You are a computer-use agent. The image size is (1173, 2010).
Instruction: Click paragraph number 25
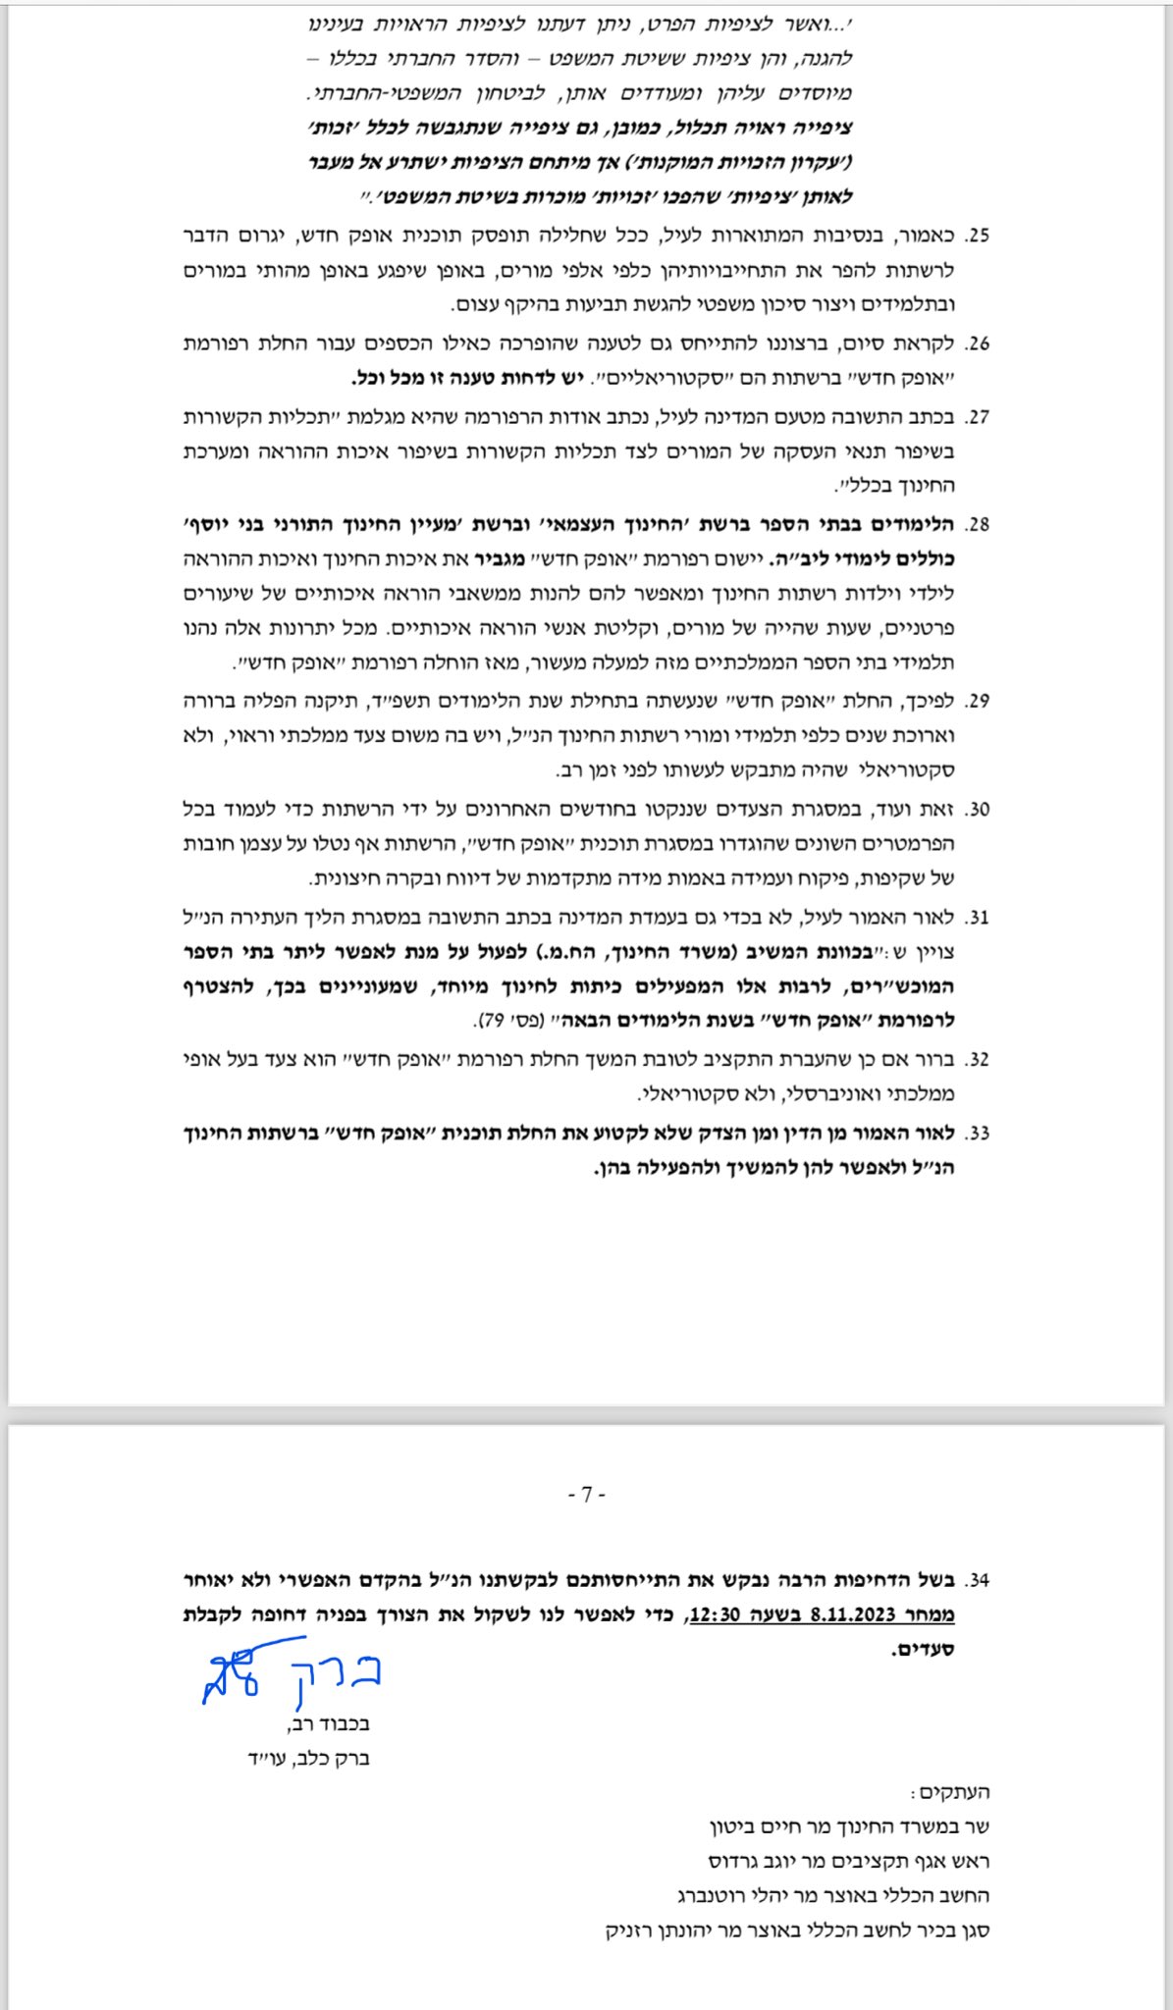977,237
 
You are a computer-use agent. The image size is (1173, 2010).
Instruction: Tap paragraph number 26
977,344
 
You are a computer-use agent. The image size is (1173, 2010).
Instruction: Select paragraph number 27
977,417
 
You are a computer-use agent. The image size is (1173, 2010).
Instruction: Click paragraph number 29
977,702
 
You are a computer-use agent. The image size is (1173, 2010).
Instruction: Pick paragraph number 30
977,810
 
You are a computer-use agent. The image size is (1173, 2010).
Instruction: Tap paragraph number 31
977,918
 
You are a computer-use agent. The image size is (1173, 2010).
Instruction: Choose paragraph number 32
977,1060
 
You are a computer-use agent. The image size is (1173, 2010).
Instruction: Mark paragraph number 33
977,1134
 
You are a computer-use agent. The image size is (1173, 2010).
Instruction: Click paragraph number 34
977,1581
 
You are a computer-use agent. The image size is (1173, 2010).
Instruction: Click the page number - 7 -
586,1495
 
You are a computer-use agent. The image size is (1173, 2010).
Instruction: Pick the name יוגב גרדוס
750,1862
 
